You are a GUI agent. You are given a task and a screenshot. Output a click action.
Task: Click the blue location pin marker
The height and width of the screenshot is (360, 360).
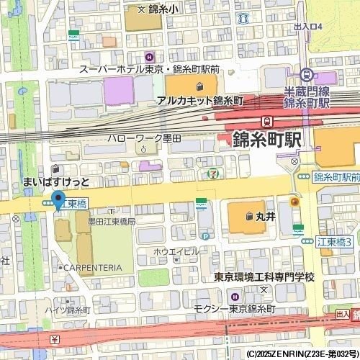[58, 198]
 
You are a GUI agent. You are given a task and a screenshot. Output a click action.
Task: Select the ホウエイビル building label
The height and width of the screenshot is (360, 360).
[175, 251]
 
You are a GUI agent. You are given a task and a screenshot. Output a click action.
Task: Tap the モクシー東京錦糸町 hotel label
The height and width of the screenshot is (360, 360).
[234, 308]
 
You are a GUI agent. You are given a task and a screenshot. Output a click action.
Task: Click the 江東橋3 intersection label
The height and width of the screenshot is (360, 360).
[334, 242]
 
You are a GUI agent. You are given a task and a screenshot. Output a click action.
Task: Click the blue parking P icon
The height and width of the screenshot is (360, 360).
[206, 235]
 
